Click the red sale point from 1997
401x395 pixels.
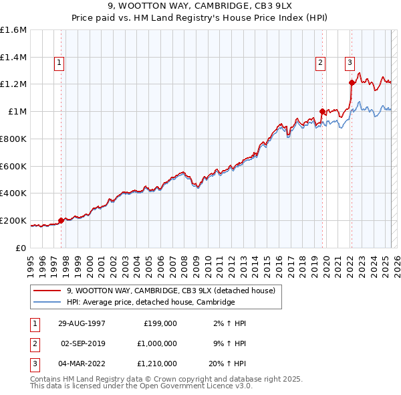61,220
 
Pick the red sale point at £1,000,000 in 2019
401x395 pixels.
322,111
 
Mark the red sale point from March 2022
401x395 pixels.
352,82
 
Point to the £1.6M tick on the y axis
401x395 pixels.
13,30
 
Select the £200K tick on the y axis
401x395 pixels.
13,220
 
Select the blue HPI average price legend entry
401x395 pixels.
150,303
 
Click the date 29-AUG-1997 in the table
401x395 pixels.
82,323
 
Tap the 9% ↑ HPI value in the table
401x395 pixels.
230,343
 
